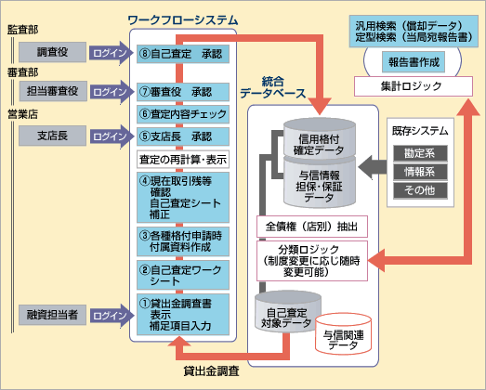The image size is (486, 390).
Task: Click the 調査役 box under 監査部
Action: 52,52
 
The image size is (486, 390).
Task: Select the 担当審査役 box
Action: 52,91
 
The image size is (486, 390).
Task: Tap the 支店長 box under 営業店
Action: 52,136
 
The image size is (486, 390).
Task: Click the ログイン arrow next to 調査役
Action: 111,53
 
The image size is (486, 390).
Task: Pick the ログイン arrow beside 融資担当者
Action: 111,316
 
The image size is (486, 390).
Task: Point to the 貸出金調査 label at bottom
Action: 211,371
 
